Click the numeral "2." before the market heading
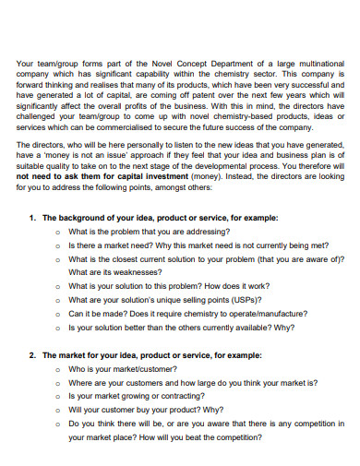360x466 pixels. pos(32,355)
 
